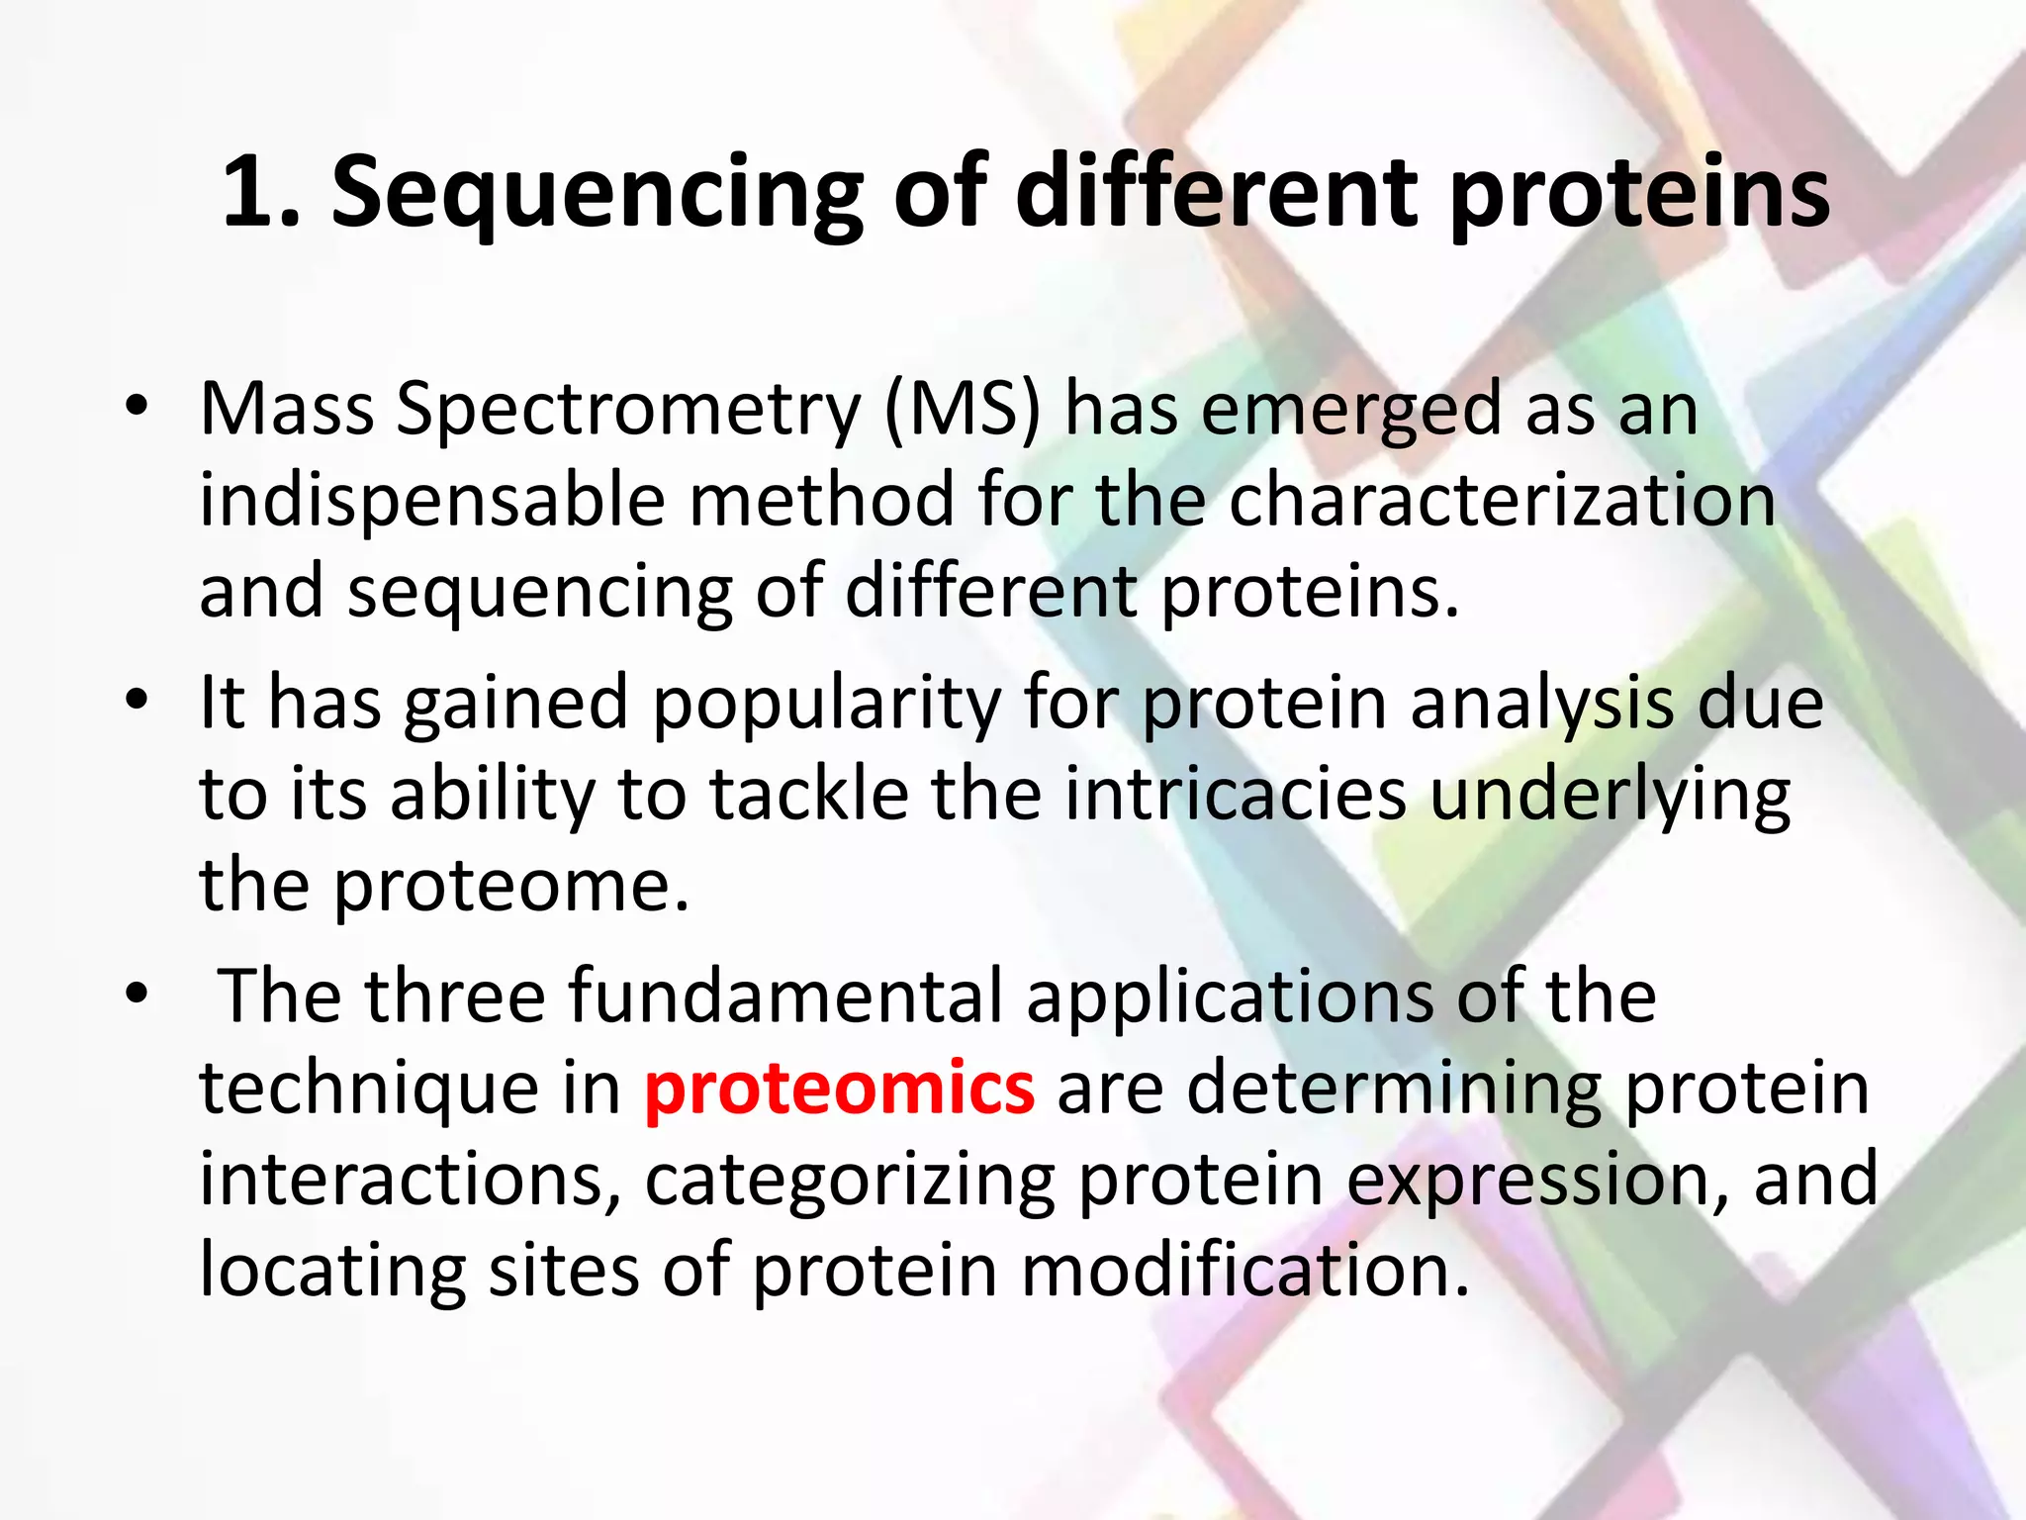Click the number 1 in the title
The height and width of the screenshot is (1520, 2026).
coord(250,192)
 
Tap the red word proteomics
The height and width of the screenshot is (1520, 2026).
coord(839,1088)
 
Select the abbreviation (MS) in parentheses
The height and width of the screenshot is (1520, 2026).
coord(963,410)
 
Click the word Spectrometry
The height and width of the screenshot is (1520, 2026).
coord(629,410)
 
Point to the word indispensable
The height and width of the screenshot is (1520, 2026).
coord(432,501)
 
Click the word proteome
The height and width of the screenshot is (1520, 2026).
coord(509,886)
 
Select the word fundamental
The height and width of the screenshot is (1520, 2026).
coord(785,997)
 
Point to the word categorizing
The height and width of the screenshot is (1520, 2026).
coord(850,1180)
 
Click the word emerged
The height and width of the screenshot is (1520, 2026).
coord(1351,410)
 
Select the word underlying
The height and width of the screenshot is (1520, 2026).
coord(1610,796)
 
